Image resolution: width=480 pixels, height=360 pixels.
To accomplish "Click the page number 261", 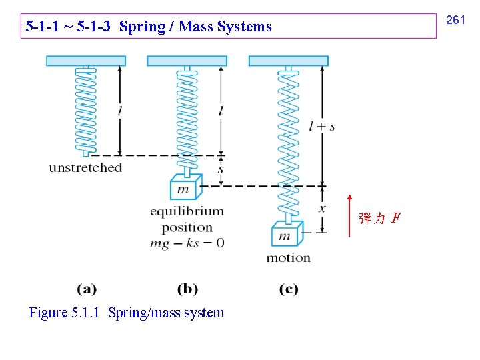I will (x=455, y=21).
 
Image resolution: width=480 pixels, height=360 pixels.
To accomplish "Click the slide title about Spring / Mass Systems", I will (x=149, y=27).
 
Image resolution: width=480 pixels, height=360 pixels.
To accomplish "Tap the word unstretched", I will (x=85, y=167).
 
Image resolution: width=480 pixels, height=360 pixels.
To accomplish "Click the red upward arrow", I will (x=349, y=215).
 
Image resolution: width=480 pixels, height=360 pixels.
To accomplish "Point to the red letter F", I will (x=396, y=218).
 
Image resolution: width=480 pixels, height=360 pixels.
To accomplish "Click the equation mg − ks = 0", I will (x=187, y=243).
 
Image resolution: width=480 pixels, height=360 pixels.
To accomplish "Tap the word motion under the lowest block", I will (x=288, y=258).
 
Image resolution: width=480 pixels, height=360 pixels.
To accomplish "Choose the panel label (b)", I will (x=187, y=289).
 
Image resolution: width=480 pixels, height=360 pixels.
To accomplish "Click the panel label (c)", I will (x=288, y=289).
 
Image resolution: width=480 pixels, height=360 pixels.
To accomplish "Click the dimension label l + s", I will (x=323, y=126).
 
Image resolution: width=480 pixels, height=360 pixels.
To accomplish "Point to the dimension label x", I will (x=323, y=209).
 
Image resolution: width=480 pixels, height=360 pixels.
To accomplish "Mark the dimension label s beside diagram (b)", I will (x=221, y=169).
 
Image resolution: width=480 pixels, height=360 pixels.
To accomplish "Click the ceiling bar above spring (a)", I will (x=85, y=61).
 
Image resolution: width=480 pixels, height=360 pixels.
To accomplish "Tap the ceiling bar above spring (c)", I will (x=288, y=61).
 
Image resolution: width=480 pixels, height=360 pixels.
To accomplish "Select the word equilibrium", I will (x=187, y=211).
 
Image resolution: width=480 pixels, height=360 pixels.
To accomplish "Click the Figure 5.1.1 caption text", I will (x=127, y=313).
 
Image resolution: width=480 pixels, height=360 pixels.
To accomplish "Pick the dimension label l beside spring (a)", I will (x=119, y=111).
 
